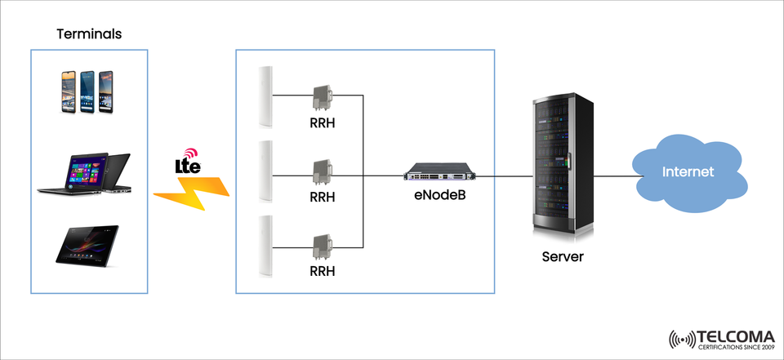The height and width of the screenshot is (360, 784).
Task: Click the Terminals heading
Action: point(89,34)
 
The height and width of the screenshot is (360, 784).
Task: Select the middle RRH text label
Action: point(322,197)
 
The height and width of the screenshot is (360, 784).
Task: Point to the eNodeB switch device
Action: point(439,175)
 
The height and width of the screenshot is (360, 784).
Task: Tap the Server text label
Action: point(563,256)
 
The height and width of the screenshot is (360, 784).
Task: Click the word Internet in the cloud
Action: point(688,172)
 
